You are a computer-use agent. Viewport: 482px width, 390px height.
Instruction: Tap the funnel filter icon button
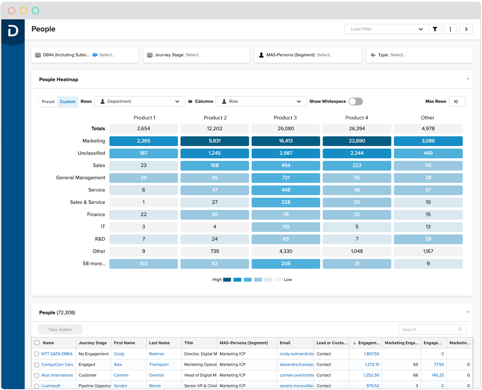(x=435, y=29)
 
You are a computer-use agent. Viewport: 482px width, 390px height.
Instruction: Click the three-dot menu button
(x=450, y=29)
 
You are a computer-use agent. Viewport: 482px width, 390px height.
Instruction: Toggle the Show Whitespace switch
(x=356, y=102)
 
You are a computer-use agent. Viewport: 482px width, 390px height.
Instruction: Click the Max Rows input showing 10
(x=456, y=102)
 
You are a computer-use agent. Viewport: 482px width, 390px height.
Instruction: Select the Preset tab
(x=48, y=102)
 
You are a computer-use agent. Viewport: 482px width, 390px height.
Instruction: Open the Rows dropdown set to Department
(x=140, y=102)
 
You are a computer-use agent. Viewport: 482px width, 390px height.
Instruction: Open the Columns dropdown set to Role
(x=261, y=102)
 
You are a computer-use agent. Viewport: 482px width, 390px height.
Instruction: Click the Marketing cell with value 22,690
(x=357, y=141)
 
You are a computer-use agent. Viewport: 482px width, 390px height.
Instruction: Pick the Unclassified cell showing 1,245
(x=215, y=153)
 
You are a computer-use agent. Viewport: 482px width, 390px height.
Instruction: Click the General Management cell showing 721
(x=285, y=178)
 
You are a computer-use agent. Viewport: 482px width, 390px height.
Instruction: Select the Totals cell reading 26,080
(x=285, y=129)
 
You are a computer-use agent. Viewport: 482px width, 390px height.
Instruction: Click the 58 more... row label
(x=94, y=264)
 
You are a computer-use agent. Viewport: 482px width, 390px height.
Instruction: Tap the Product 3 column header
(x=285, y=118)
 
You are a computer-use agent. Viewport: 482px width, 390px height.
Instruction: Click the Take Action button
(x=60, y=330)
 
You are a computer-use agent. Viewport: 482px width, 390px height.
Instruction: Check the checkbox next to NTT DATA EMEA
(x=37, y=354)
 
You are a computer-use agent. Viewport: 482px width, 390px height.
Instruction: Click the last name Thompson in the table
(x=159, y=364)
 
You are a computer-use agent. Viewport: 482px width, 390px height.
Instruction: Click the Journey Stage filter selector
(x=196, y=55)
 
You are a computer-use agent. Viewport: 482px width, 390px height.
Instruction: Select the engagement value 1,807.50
(x=372, y=354)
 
